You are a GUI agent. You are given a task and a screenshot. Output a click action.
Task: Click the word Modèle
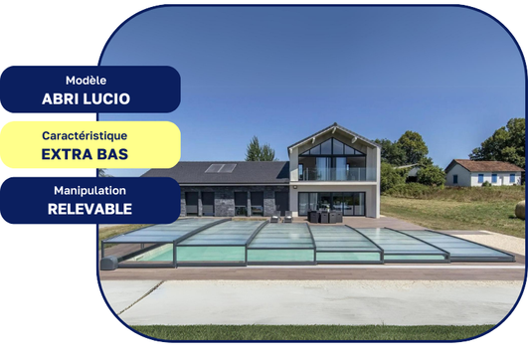coord(89,80)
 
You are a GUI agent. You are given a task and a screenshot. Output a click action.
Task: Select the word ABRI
coord(62,98)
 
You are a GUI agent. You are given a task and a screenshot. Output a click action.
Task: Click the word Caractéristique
coord(90,135)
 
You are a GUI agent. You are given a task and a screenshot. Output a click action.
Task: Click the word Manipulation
coord(89,190)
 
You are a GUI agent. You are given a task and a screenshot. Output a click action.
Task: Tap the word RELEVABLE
coord(89,209)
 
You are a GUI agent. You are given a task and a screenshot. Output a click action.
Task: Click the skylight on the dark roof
coord(221,168)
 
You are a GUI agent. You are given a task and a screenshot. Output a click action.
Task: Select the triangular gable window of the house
coord(333,148)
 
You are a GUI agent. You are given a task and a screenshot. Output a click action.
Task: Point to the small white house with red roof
coord(482,173)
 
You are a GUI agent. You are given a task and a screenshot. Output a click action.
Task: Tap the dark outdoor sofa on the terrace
coord(324,216)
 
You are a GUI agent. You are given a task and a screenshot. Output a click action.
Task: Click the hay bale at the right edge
coord(520,211)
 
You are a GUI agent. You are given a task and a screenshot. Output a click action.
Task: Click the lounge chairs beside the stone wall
coord(281,216)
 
